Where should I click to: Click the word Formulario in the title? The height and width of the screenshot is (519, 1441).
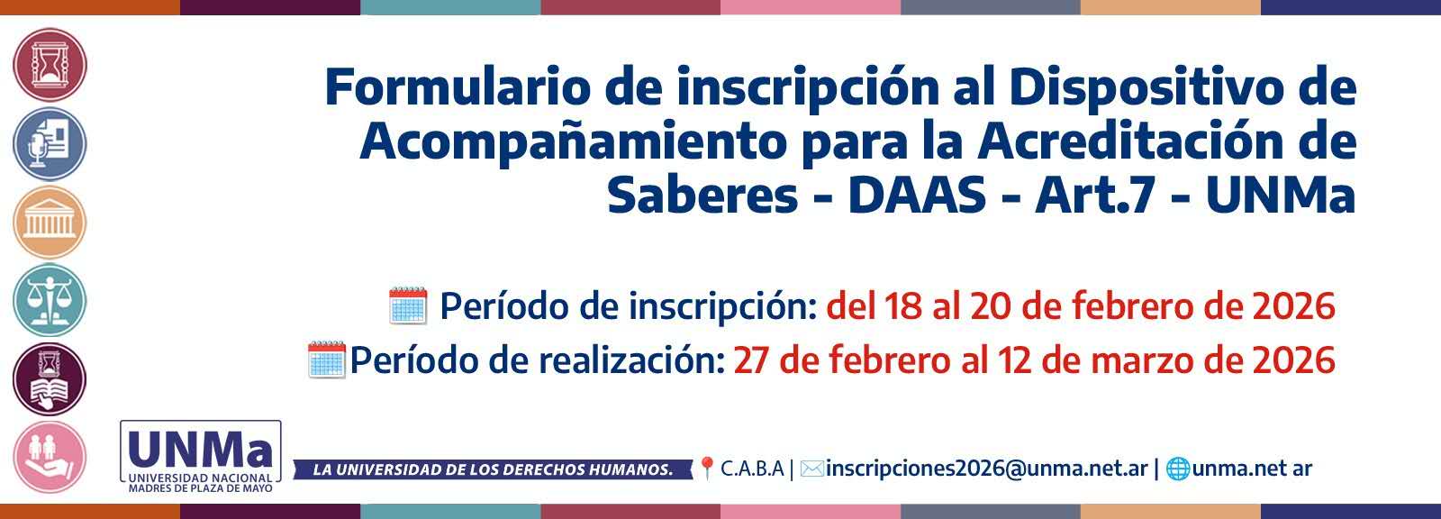(458, 87)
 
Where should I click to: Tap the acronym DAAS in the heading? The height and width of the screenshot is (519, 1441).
(917, 196)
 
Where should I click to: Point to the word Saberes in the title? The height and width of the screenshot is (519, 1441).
(702, 196)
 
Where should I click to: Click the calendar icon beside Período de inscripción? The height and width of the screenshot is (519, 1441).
(408, 305)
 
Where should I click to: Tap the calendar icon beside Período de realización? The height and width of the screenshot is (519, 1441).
(327, 360)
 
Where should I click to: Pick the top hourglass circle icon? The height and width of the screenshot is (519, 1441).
(50, 65)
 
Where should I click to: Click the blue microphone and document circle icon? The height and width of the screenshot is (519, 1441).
(50, 143)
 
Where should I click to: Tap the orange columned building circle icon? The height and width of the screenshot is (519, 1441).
(50, 223)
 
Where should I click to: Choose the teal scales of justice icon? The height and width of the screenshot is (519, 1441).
(50, 301)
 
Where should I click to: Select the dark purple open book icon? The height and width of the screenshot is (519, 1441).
(50, 379)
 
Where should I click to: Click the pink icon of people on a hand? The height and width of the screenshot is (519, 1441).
(50, 458)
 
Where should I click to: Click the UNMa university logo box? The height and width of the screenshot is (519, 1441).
(201, 457)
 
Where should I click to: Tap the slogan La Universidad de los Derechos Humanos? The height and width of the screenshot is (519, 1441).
(493, 469)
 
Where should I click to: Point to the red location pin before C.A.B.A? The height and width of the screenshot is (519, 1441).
(706, 469)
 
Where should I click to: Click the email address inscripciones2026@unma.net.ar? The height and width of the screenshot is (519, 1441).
(987, 469)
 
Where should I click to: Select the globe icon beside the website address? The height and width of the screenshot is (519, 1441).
(1178, 469)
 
